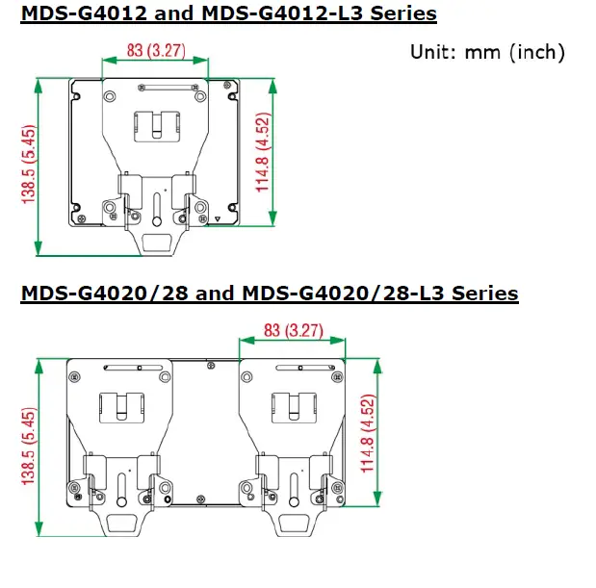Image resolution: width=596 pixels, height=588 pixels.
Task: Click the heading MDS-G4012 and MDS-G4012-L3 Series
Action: tap(228, 13)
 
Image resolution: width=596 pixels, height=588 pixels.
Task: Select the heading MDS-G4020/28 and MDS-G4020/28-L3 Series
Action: tap(270, 294)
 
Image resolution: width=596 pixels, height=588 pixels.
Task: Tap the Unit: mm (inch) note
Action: tap(487, 52)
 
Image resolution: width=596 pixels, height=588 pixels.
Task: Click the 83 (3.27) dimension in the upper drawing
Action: tap(156, 50)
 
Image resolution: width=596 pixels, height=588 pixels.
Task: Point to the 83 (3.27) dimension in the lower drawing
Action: tap(294, 330)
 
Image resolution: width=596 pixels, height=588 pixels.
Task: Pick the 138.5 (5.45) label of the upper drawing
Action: tap(29, 165)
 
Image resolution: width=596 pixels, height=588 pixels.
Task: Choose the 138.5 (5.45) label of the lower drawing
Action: tap(29, 447)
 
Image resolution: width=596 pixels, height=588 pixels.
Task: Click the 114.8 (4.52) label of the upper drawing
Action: tap(263, 152)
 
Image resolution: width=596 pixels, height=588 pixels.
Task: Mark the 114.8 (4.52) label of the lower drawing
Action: tap(368, 433)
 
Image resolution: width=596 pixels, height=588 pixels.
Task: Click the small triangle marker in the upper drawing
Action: tap(218, 219)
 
